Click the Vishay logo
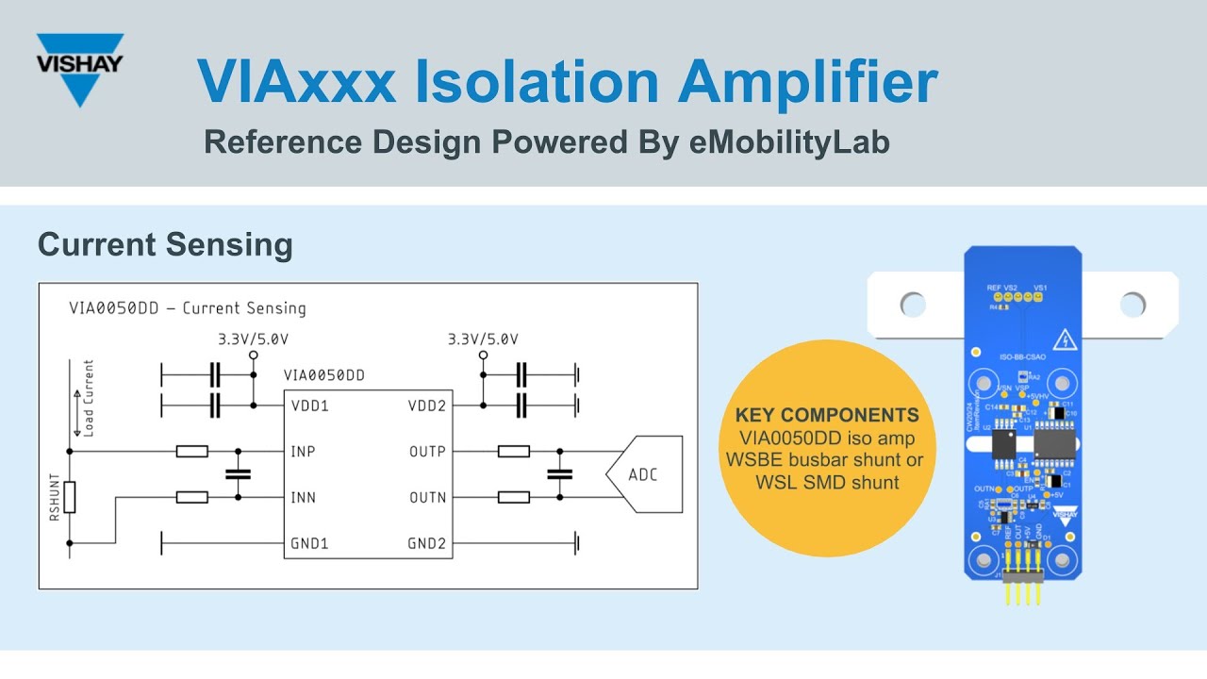(79, 68)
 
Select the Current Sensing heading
(165, 245)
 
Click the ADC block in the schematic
(643, 474)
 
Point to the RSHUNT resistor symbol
(70, 497)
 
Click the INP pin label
(303, 452)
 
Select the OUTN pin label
(427, 497)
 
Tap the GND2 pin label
(426, 543)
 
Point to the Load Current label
(89, 397)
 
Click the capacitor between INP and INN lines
(238, 474)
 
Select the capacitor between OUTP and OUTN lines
(560, 474)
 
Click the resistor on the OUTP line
(513, 452)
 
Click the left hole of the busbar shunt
(913, 304)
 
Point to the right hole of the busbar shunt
(1133, 304)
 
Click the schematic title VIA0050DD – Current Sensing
(187, 308)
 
